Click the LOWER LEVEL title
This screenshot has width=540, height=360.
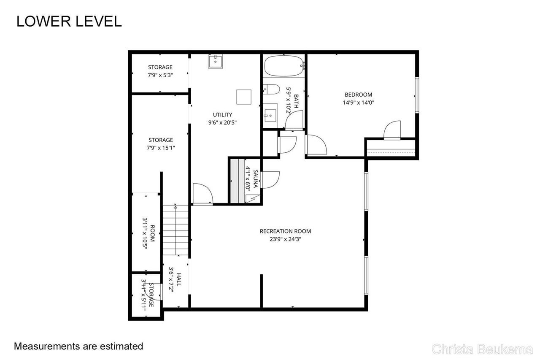tap(69, 21)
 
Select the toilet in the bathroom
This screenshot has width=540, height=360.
tap(271, 89)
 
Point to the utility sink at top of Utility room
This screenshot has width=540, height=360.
tap(215, 61)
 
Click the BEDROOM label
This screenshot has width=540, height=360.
tap(358, 95)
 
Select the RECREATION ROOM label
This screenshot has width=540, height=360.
tap(285, 231)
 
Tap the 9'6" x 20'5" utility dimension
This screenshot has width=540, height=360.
tap(222, 123)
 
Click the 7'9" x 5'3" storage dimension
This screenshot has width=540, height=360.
tap(160, 75)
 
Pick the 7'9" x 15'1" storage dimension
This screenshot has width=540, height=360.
tap(160, 148)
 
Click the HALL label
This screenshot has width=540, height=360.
tap(179, 279)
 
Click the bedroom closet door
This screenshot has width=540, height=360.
tap(392, 130)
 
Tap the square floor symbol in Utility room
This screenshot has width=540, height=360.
tap(243, 97)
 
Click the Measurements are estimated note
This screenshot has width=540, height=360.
tap(78, 346)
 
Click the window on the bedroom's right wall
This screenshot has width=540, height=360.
tap(417, 95)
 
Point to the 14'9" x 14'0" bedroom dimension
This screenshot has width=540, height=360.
tap(358, 102)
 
